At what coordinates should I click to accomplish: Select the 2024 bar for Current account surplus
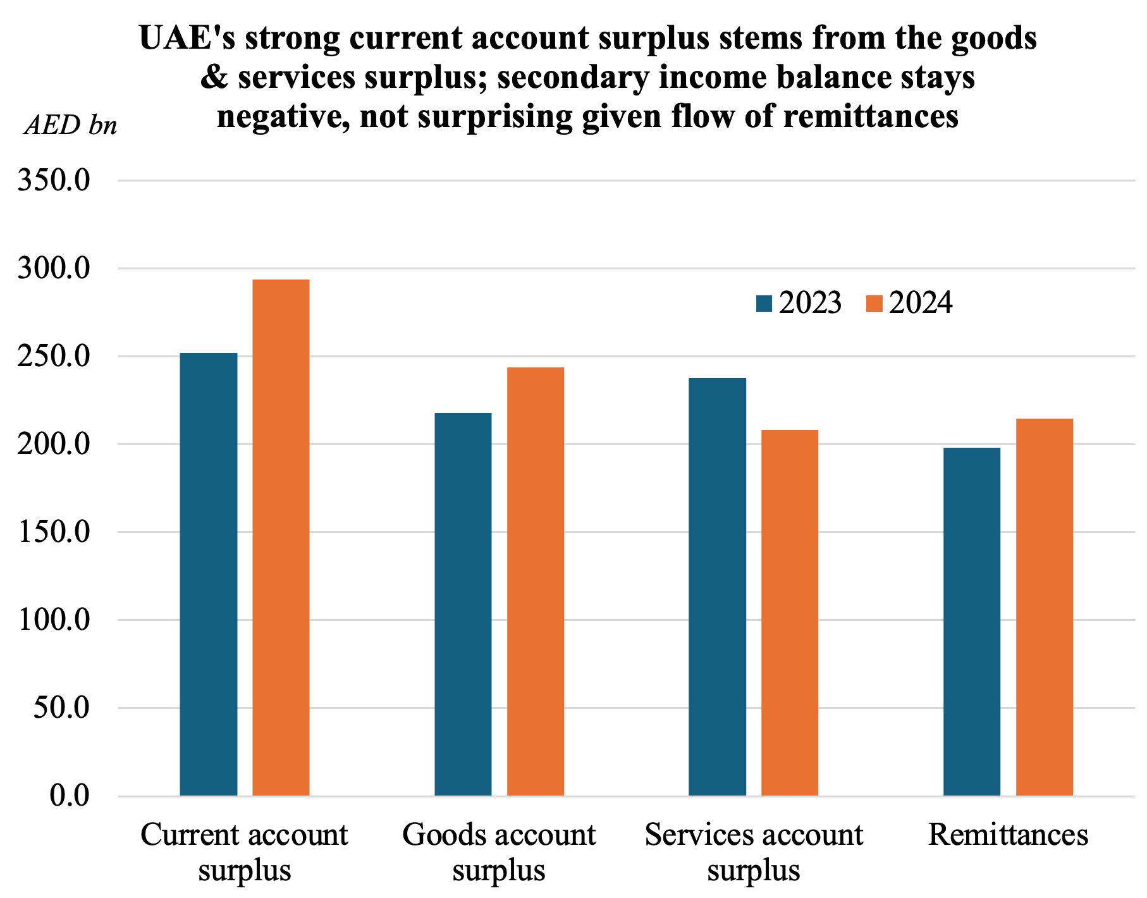pyautogui.click(x=281, y=537)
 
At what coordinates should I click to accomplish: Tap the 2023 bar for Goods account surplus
pyautogui.click(x=463, y=604)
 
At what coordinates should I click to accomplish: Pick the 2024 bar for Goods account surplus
pyautogui.click(x=536, y=581)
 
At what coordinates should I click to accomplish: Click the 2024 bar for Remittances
pyautogui.click(x=1045, y=606)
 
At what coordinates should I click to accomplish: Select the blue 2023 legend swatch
pyautogui.click(x=764, y=304)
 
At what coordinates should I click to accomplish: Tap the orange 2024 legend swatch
pyautogui.click(x=874, y=304)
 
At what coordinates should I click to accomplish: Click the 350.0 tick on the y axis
pyautogui.click(x=54, y=181)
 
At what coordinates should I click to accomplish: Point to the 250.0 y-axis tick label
pyautogui.click(x=54, y=357)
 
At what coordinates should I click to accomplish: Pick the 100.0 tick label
pyautogui.click(x=54, y=620)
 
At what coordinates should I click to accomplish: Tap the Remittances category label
pyautogui.click(x=1008, y=835)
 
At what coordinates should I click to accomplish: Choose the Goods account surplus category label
pyautogui.click(x=499, y=852)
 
